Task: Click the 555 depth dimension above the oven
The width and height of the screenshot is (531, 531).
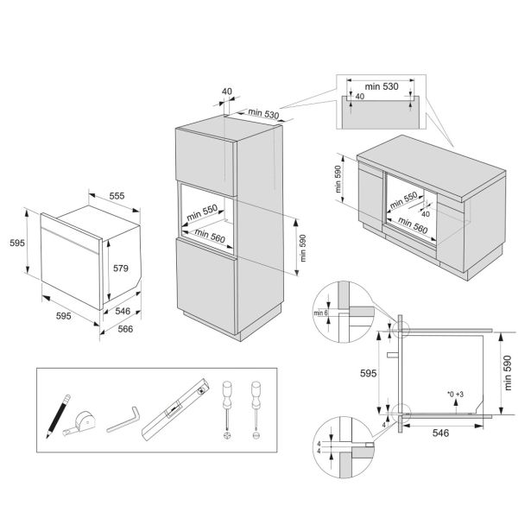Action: (116, 197)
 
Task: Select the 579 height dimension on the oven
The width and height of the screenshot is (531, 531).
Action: (121, 269)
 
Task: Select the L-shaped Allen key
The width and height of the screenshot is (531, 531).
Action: (124, 421)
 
